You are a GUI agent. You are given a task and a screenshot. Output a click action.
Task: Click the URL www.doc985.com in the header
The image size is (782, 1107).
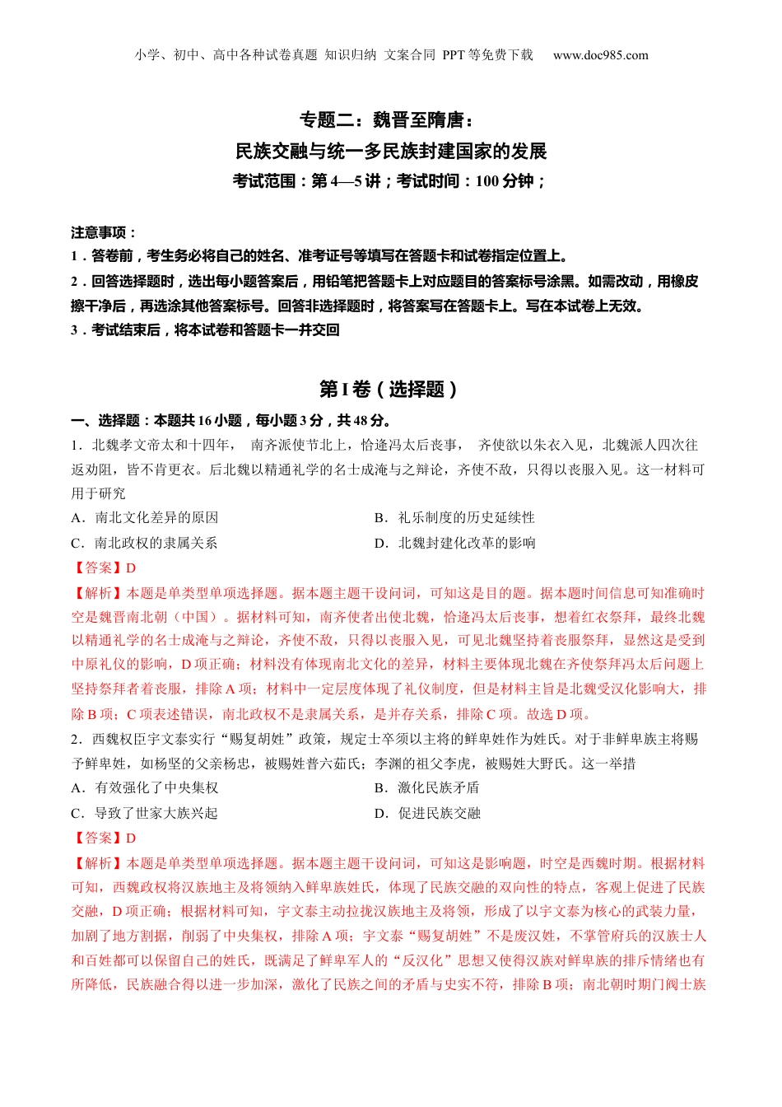[600, 55]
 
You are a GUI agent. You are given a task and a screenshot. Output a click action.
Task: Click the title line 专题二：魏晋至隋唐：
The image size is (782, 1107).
[388, 120]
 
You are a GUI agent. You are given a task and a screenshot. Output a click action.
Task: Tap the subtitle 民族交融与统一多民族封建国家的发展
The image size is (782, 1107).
[391, 151]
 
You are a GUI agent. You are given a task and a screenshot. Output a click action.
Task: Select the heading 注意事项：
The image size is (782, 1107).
[104, 232]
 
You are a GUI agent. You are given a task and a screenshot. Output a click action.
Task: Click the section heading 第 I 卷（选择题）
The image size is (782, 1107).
[389, 389]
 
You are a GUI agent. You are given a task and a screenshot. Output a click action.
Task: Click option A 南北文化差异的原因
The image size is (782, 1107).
[145, 517]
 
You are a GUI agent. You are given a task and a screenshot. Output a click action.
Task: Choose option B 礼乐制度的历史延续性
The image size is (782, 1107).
[454, 517]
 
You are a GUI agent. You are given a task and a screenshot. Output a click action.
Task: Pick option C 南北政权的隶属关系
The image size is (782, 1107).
[145, 543]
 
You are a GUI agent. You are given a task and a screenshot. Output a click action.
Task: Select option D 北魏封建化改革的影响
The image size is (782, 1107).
[454, 543]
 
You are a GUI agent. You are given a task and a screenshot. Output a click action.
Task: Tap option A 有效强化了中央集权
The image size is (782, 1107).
[145, 787]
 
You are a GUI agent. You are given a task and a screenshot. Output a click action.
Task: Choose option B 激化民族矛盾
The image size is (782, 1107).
[427, 787]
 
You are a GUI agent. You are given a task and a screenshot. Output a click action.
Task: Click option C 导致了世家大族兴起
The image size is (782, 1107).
[145, 813]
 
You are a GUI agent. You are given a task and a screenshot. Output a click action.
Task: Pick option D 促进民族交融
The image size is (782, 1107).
[427, 813]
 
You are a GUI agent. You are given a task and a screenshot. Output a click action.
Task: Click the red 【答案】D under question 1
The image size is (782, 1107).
[104, 568]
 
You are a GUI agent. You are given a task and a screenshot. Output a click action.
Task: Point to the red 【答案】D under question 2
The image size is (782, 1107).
[104, 838]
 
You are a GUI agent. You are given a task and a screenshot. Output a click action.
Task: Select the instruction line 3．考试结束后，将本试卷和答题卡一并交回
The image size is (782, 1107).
[205, 329]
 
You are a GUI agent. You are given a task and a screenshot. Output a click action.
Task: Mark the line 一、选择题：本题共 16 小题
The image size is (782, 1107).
[230, 420]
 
